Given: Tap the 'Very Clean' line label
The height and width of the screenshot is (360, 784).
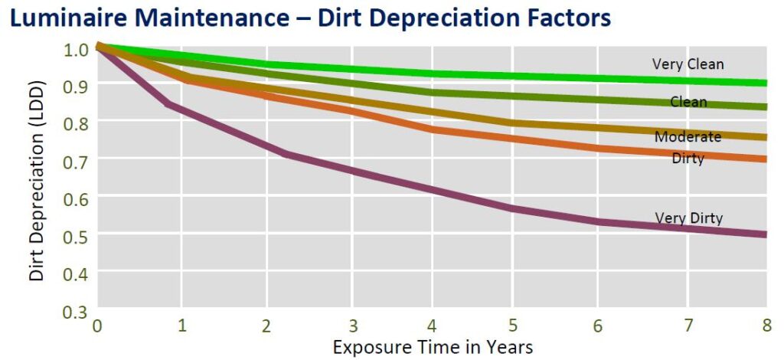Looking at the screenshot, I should (688, 64).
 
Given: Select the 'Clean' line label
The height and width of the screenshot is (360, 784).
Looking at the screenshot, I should (688, 102).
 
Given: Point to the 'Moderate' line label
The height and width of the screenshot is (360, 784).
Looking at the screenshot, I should (688, 137).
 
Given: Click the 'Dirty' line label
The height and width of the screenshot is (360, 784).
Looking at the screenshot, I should (688, 159).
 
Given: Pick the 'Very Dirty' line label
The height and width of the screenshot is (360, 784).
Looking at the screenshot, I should (688, 218).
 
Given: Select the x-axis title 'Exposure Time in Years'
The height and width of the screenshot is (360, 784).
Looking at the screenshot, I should (433, 346).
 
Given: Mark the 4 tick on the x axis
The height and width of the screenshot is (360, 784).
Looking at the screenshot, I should (432, 326).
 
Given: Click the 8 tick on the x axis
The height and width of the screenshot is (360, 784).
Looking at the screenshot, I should (766, 326).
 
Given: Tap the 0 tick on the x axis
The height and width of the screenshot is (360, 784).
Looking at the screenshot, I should (97, 326).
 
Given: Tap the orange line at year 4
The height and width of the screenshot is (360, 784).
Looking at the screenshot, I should (432, 129).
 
